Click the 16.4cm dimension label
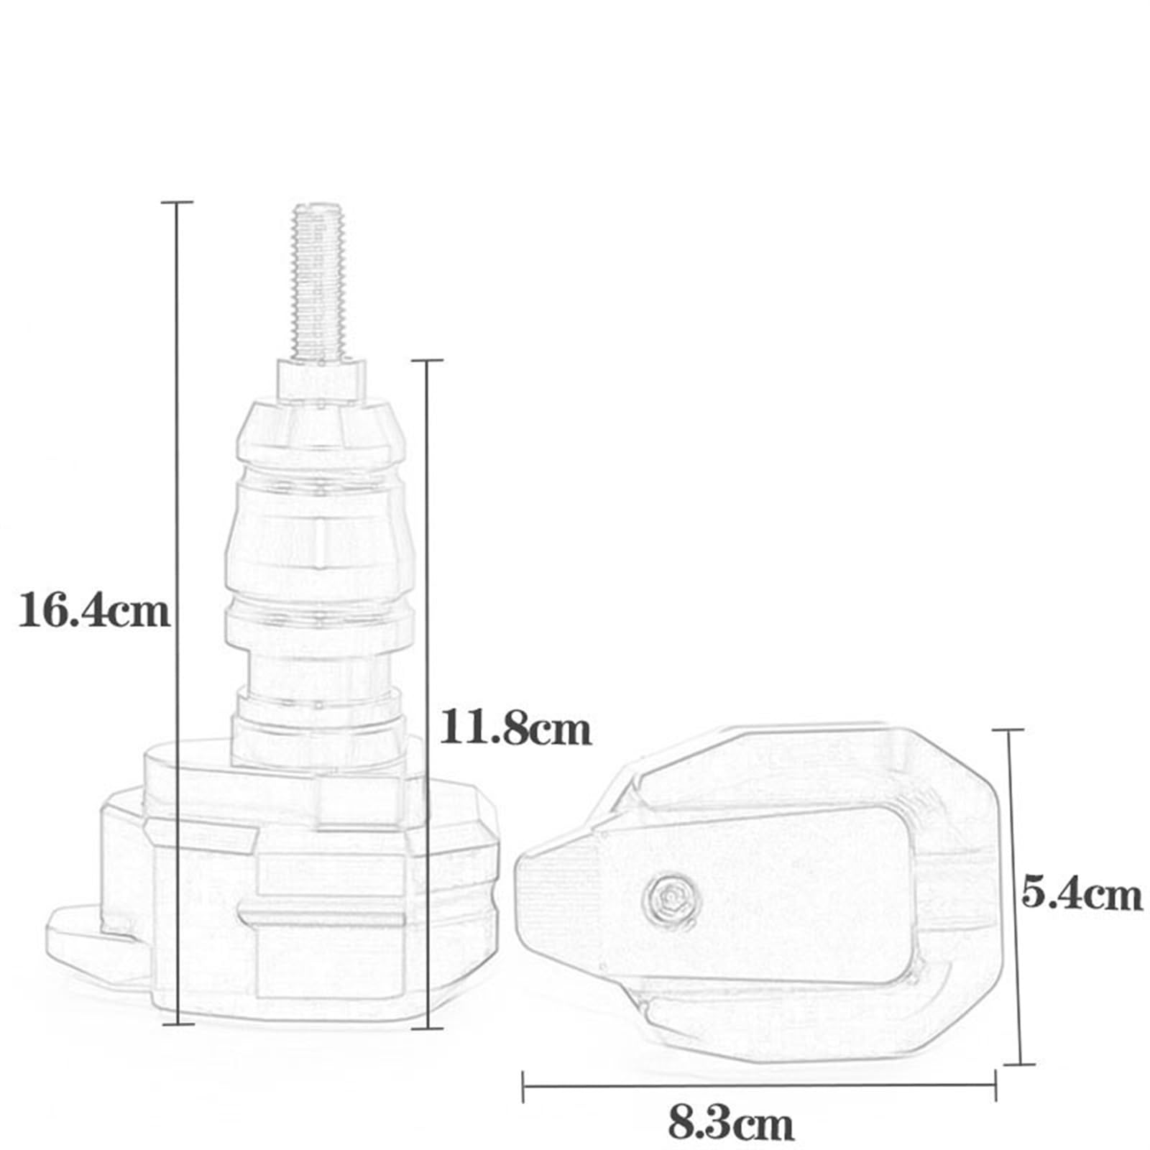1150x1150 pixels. click(x=93, y=611)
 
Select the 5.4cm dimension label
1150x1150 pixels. click(x=1081, y=896)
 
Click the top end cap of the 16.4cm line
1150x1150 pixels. click(x=177, y=203)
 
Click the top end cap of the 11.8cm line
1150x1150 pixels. click(x=427, y=360)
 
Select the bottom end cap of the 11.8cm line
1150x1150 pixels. click(x=427, y=1028)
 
